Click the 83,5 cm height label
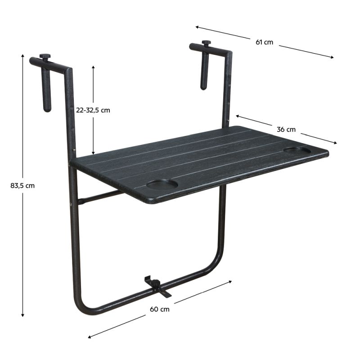tap(22, 185)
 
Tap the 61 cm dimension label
tap(264, 42)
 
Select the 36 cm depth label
tap(286, 130)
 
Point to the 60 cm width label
tap(160, 309)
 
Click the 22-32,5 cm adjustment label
tap(93, 110)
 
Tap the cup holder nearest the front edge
tap(162, 184)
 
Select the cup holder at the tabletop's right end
tap(297, 151)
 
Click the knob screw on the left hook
tap(45, 57)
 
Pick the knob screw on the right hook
tap(206, 43)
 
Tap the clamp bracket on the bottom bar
tap(158, 287)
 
